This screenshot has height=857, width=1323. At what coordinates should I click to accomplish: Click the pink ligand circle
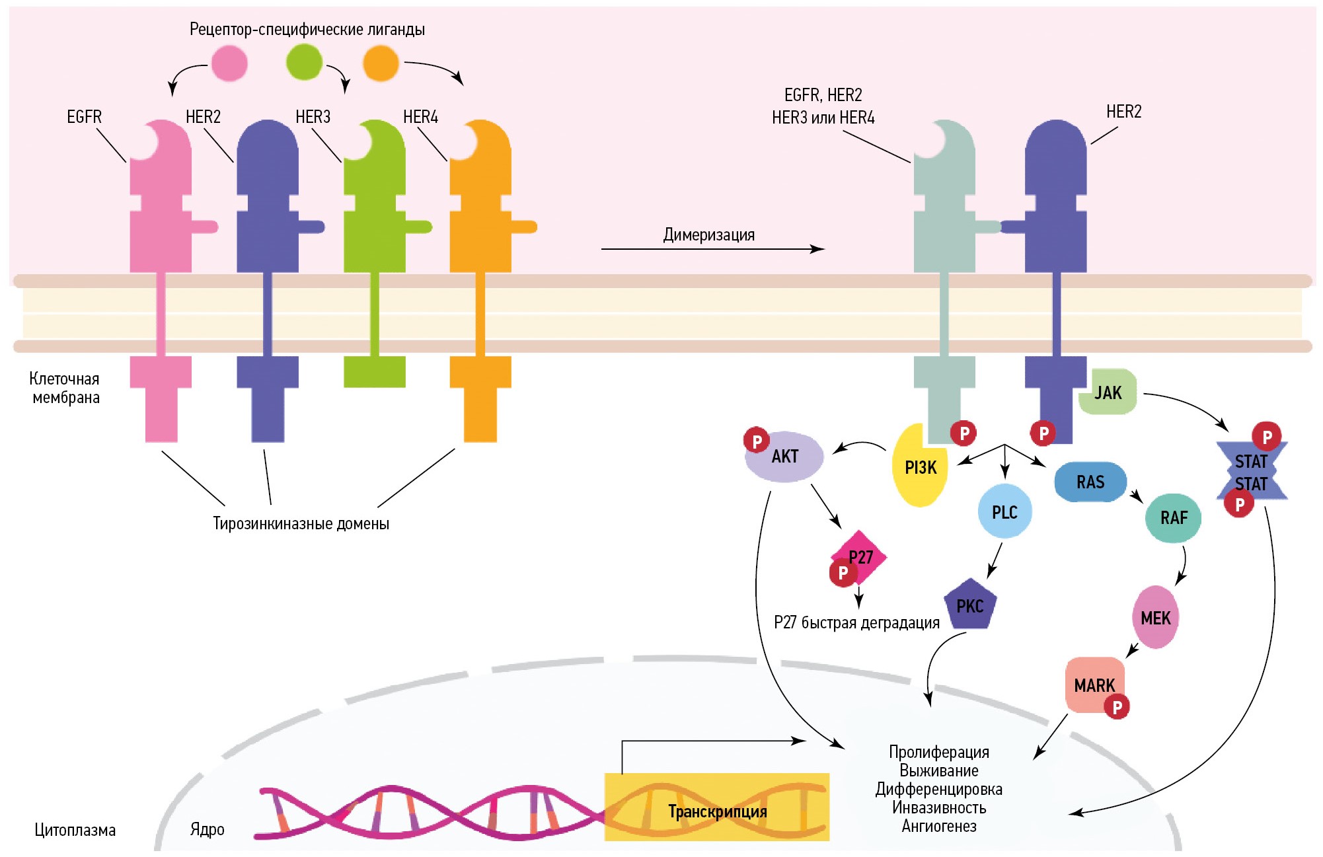pyautogui.click(x=229, y=63)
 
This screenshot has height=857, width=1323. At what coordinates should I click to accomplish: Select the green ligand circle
pyautogui.click(x=304, y=62)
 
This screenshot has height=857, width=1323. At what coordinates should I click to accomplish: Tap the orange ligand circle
pyautogui.click(x=381, y=63)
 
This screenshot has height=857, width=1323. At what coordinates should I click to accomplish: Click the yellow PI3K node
pyautogui.click(x=919, y=468)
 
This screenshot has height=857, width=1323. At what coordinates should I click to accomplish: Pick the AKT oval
pyautogui.click(x=785, y=457)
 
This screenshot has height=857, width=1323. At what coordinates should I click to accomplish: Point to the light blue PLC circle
pyautogui.click(x=1004, y=512)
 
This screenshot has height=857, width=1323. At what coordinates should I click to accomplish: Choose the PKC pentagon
pyautogui.click(x=970, y=605)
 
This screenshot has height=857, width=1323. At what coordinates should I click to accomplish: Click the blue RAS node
pyautogui.click(x=1090, y=482)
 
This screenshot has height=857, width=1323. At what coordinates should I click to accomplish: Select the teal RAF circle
pyautogui.click(x=1173, y=518)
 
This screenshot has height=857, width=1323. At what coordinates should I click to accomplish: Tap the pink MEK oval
pyautogui.click(x=1155, y=618)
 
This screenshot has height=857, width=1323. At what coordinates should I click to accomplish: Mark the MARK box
pyautogui.click(x=1094, y=685)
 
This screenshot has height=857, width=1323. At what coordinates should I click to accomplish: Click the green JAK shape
pyautogui.click(x=1108, y=392)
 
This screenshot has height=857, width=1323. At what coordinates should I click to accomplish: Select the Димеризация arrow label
pyautogui.click(x=708, y=235)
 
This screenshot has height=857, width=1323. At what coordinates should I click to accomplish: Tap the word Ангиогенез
pyautogui.click(x=939, y=826)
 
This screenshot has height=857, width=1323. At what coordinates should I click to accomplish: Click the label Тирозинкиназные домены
pyautogui.click(x=301, y=523)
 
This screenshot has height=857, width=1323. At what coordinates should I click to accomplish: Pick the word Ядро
pyautogui.click(x=207, y=829)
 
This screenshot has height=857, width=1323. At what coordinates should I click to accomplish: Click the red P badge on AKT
pyautogui.click(x=757, y=441)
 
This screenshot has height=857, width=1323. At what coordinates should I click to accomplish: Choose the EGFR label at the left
pyautogui.click(x=84, y=117)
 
